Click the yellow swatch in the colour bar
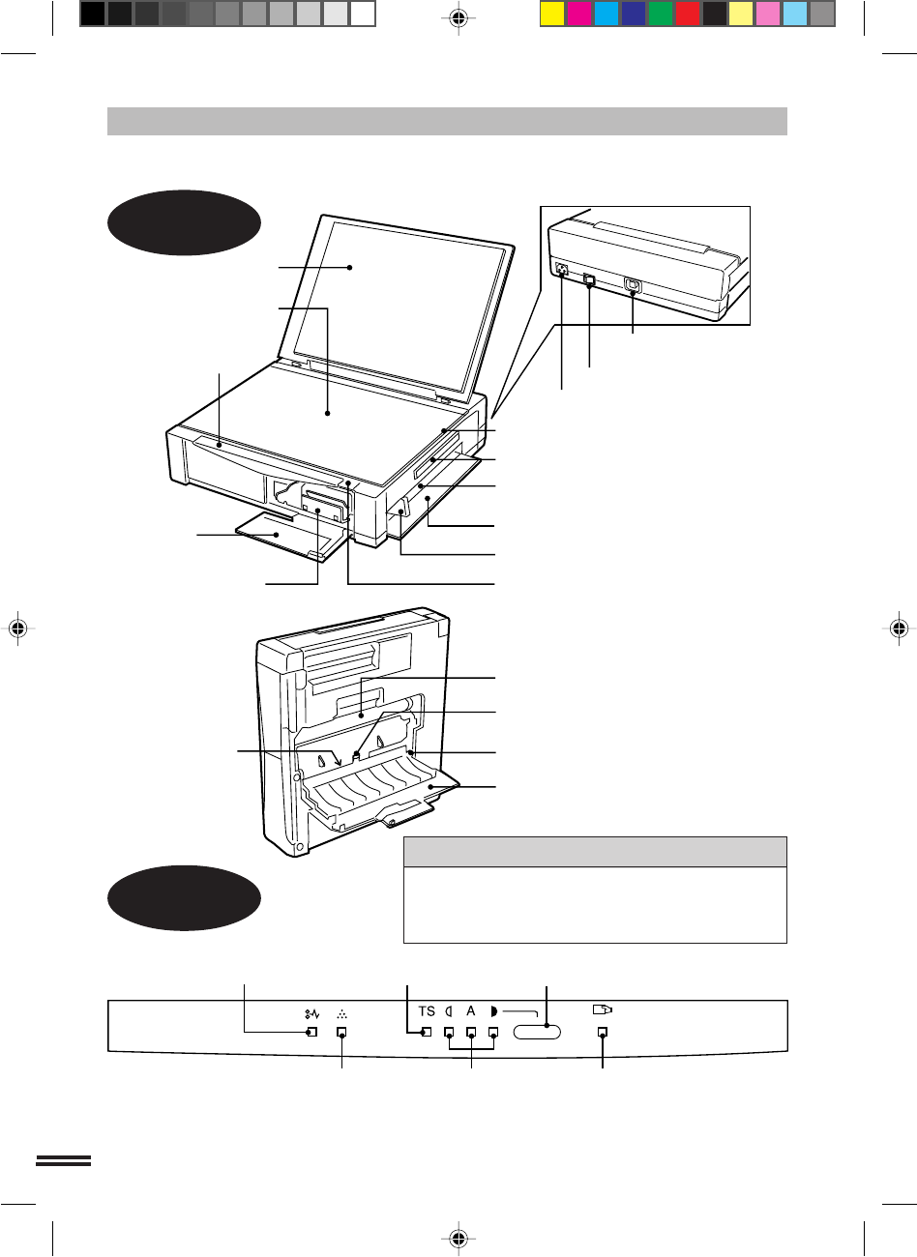[552, 15]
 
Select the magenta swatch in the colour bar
[579, 15]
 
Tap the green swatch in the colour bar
[661, 15]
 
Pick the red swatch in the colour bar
[688, 15]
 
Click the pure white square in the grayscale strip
[362, 15]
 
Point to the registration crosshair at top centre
[458, 18]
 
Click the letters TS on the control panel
[427, 1011]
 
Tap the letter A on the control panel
[470, 1010]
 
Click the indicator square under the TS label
[427, 1032]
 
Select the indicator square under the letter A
[472, 1032]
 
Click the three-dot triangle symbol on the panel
[342, 1014]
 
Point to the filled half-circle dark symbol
[493, 1011]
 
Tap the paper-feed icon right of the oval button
[603, 1009]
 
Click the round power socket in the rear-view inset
[561, 269]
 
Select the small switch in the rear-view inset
[589, 278]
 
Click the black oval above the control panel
[184, 898]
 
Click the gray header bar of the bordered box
[595, 852]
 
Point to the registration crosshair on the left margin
[18, 628]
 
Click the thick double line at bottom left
[64, 1160]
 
